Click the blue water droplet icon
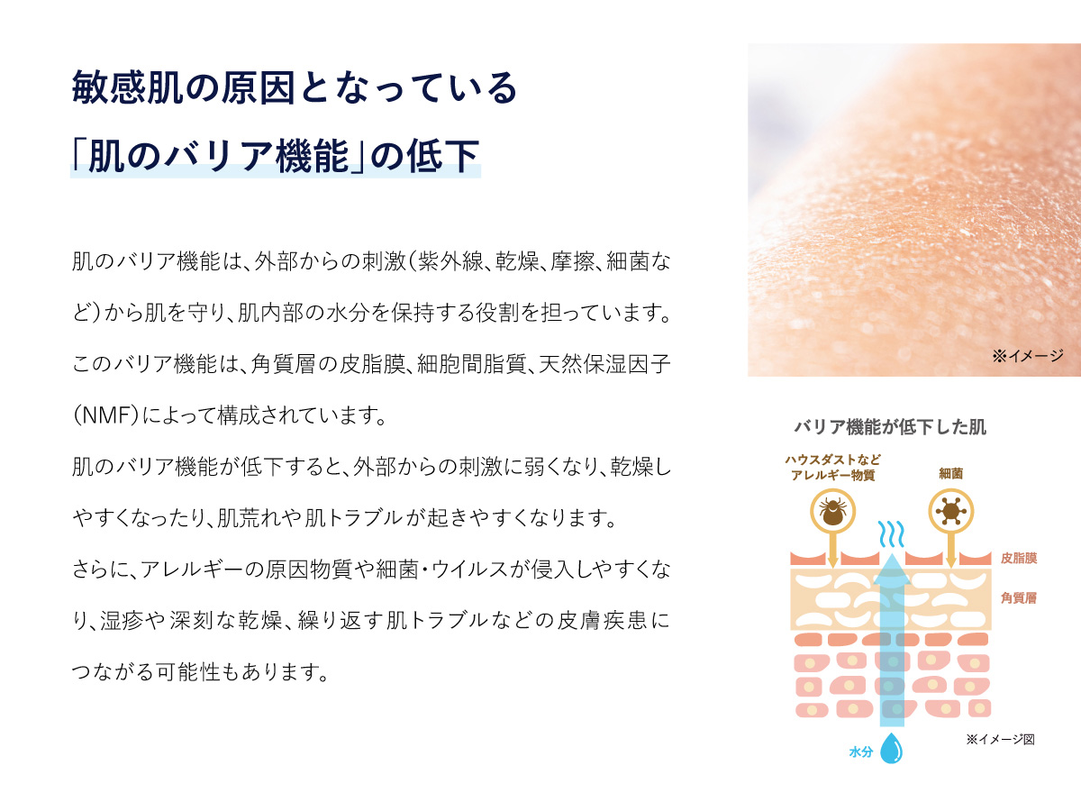coord(893,749)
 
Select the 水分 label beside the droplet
coord(860,751)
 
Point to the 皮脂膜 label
coord(1018,558)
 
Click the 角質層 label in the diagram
coord(1018,597)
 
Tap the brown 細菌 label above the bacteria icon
coord(950,472)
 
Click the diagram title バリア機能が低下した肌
coord(890,427)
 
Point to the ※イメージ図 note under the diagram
coord(1000,739)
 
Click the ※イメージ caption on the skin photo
coord(1028,356)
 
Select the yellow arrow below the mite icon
coord(832,551)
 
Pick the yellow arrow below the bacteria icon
coord(950,551)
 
